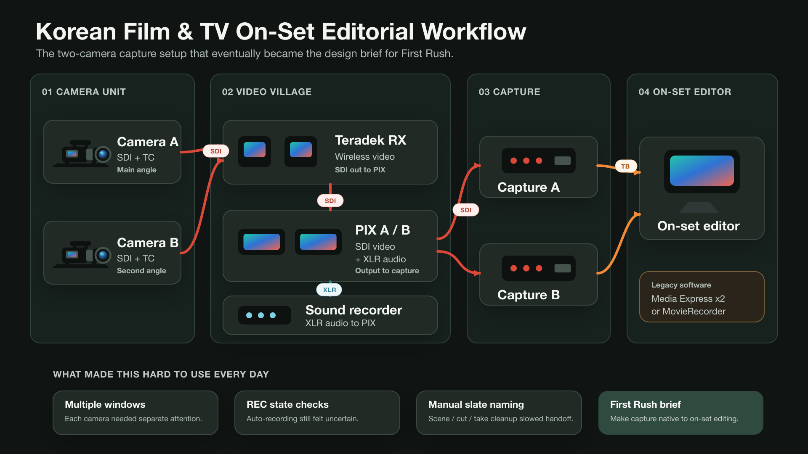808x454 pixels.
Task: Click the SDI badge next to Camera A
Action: click(216, 151)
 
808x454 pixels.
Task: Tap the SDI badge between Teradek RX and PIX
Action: click(330, 201)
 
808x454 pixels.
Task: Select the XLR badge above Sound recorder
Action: click(329, 290)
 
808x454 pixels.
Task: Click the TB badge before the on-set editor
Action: click(625, 166)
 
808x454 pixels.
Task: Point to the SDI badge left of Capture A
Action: click(466, 210)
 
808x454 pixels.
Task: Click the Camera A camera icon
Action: click(82, 153)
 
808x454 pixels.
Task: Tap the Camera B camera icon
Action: click(82, 254)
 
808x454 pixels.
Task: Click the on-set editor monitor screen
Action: click(702, 171)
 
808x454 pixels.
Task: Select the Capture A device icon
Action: click(539, 161)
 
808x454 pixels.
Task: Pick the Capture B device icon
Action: click(539, 268)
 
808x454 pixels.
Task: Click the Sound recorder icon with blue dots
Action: click(265, 315)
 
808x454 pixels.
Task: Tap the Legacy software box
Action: click(702, 297)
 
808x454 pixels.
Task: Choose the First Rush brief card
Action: click(681, 413)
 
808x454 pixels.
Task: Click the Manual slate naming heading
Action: click(476, 404)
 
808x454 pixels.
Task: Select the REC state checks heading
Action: click(287, 404)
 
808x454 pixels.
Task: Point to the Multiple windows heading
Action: click(105, 404)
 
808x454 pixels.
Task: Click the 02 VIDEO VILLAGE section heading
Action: click(267, 92)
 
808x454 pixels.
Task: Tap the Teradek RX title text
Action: click(370, 140)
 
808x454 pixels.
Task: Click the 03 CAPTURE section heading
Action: click(509, 92)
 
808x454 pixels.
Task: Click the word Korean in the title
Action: click(76, 32)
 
